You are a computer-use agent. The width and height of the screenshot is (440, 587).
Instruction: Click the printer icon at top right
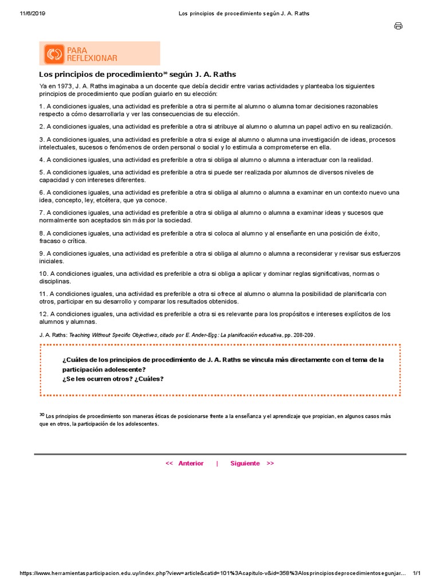pyautogui.click(x=398, y=26)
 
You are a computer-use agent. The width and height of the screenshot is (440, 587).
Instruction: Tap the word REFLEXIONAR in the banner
pyautogui.click(x=92, y=58)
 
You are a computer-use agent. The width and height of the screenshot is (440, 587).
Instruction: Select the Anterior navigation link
pyautogui.click(x=191, y=463)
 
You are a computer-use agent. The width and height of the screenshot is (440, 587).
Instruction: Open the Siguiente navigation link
pyautogui.click(x=245, y=463)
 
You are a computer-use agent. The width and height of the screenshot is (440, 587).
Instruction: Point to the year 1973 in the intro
pyautogui.click(x=61, y=86)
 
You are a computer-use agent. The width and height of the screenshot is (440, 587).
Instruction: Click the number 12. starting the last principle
pyautogui.click(x=44, y=314)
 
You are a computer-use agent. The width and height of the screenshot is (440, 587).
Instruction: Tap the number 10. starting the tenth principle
pyautogui.click(x=44, y=273)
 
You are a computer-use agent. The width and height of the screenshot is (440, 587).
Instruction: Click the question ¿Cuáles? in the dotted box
pyautogui.click(x=150, y=379)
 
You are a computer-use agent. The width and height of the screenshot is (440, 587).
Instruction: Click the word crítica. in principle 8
pyautogui.click(x=73, y=241)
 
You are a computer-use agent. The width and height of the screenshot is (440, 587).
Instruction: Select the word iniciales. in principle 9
pyautogui.click(x=52, y=261)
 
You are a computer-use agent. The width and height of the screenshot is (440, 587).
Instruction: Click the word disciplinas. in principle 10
pyautogui.click(x=55, y=281)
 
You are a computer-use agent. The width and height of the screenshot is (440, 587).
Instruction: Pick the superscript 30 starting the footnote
pyautogui.click(x=42, y=414)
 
